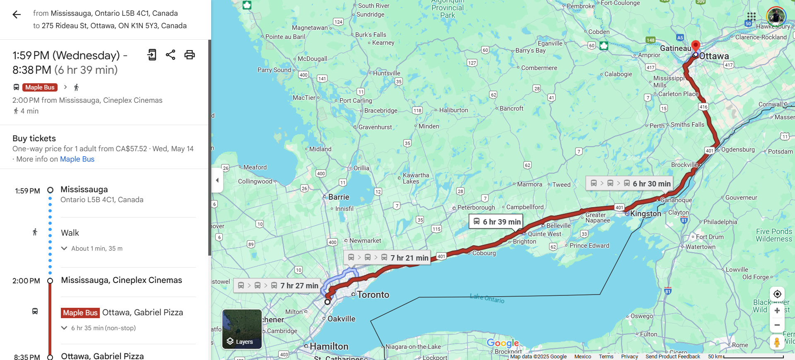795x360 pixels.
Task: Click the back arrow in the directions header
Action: click(17, 15)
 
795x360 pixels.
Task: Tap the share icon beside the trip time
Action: click(171, 55)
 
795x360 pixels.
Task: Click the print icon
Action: click(190, 55)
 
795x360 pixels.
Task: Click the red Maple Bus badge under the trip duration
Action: click(40, 87)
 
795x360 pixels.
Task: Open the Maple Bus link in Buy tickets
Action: click(77, 159)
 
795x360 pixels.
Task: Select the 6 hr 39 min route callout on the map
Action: click(496, 222)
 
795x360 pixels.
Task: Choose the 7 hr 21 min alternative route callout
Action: click(388, 258)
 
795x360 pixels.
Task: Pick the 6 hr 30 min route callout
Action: click(629, 184)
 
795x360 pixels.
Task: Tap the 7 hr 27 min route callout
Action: click(277, 285)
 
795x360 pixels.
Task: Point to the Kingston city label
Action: click(646, 214)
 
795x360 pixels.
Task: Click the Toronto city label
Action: click(373, 295)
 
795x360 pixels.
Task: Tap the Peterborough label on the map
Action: click(476, 208)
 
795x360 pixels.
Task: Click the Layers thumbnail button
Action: click(242, 329)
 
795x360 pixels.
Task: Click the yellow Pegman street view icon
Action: click(777, 342)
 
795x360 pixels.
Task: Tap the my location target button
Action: click(777, 294)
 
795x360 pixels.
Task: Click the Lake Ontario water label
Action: click(487, 298)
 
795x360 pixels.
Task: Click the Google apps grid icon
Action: click(751, 17)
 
